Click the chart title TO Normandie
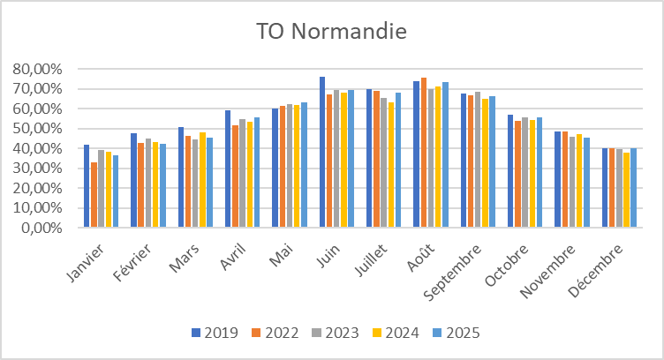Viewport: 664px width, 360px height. coord(331,32)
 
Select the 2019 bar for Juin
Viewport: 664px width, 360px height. coord(322,152)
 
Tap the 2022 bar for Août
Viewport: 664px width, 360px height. coord(424,152)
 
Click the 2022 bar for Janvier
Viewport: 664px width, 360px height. coord(94,195)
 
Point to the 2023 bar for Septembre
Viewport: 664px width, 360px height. coord(478,160)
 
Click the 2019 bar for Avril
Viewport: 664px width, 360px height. coord(228,169)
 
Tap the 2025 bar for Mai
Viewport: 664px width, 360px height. coord(304,165)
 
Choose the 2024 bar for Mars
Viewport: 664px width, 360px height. coord(202,180)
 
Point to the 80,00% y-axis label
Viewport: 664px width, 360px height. coord(37,69)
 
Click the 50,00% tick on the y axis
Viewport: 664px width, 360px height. coord(37,129)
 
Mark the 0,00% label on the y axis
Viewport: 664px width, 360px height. coord(41,228)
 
